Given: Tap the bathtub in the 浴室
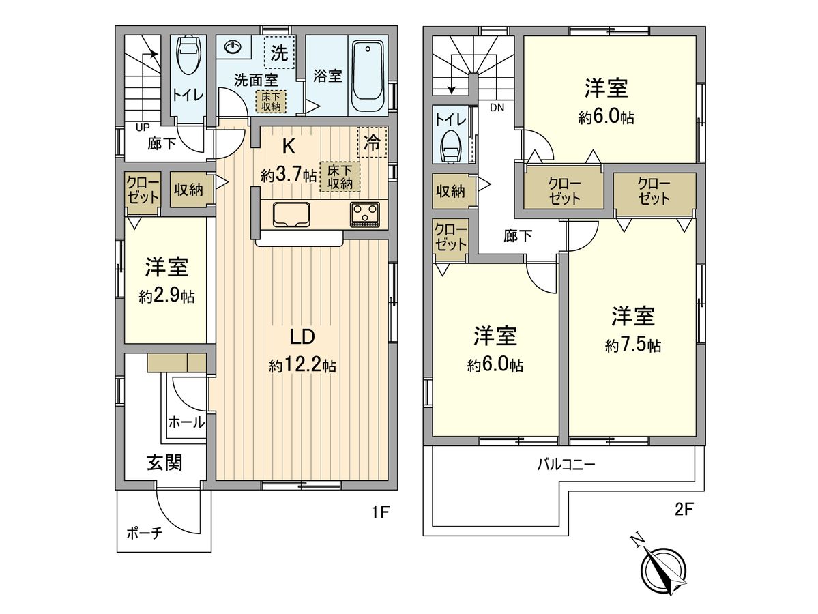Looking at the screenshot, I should tap(369, 76).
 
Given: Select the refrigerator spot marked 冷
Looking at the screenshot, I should tap(373, 143).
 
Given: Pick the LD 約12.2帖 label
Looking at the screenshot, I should tap(302, 351).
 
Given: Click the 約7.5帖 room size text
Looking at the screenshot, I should tap(632, 346).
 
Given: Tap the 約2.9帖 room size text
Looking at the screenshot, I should tap(165, 297).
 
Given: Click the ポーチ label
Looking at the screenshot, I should tap(144, 533).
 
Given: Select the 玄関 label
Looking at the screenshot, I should tap(164, 463).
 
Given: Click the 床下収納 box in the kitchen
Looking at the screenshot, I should tap(339, 177).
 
